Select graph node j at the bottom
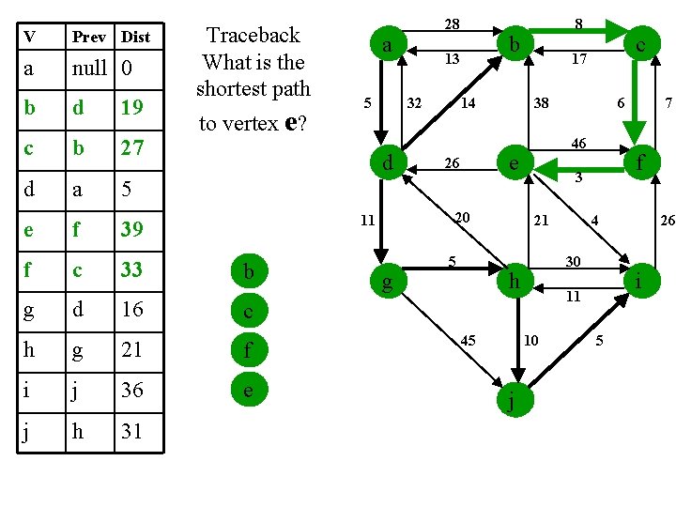[x=510, y=403]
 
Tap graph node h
[x=514, y=281]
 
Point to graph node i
[x=638, y=281]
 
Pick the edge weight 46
[x=579, y=143]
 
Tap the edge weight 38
[x=542, y=103]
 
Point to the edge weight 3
[x=581, y=177]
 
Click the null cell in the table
[x=91, y=68]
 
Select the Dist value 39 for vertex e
[x=132, y=228]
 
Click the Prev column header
[x=90, y=37]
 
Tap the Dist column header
[x=136, y=37]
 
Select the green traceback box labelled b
[x=248, y=272]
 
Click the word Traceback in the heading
[x=253, y=36]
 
